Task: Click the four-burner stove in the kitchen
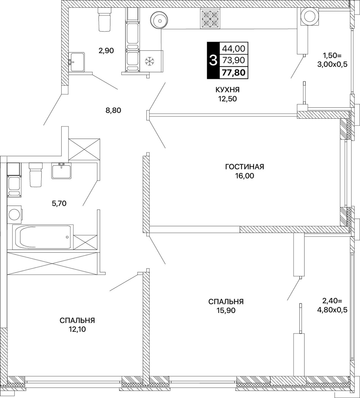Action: point(210,19)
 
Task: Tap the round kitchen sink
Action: point(160,20)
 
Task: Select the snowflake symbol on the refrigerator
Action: point(148,61)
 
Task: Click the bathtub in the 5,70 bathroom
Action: point(43,237)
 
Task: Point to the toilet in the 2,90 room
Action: point(104,19)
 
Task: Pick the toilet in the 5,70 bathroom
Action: point(36,175)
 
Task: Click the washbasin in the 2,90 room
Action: point(77,62)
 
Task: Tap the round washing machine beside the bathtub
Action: point(14,215)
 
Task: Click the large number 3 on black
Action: point(213,60)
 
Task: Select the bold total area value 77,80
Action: point(234,73)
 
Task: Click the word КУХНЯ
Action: point(228,90)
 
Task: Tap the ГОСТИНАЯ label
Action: point(245,167)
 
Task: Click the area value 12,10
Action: point(77,329)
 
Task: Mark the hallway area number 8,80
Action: point(113,110)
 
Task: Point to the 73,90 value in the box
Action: point(234,60)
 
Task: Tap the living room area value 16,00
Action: point(244,176)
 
